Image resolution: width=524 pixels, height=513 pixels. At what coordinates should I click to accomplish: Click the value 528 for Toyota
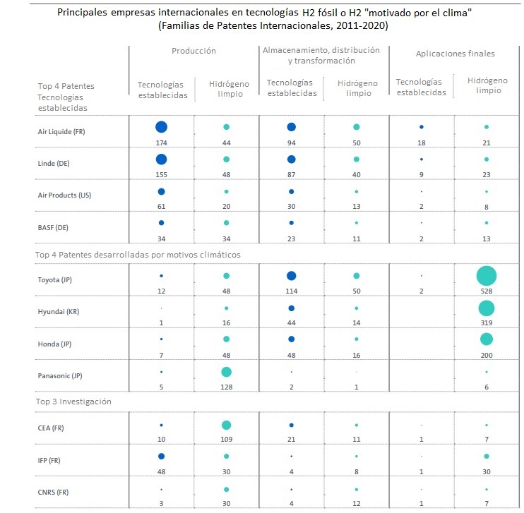pos(486,291)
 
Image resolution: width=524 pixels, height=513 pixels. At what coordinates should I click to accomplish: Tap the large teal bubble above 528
pos(486,276)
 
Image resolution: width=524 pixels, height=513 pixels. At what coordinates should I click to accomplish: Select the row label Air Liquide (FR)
pos(61,131)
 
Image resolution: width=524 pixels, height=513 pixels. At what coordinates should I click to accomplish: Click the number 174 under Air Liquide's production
pos(161,143)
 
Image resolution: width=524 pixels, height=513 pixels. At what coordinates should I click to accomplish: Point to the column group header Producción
pos(193,51)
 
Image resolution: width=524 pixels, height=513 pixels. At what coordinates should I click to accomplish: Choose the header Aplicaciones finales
pos(455,54)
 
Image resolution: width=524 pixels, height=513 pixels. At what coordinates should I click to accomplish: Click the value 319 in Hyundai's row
pos(486,323)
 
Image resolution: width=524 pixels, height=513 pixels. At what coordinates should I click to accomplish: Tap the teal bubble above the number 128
pos(226,371)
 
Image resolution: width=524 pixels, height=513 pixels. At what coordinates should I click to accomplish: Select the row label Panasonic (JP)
pos(60,375)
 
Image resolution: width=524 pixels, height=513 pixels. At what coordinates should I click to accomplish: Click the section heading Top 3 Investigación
pos(75,402)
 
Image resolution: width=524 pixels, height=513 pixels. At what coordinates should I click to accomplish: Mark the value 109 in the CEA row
pos(226,439)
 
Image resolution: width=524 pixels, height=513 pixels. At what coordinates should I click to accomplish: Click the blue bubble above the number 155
pos(161,159)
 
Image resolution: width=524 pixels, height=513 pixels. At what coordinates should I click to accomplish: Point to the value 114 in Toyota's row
pos(291,291)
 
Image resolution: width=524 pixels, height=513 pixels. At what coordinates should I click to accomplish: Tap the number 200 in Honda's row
pos(486,355)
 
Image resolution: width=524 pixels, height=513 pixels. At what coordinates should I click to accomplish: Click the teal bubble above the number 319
pos(486,308)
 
